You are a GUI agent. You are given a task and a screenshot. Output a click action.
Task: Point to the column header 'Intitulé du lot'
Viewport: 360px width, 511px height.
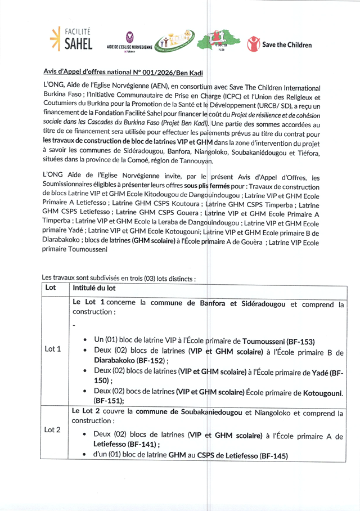94,288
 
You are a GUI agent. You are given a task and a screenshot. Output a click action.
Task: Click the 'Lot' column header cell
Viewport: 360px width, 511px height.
51,288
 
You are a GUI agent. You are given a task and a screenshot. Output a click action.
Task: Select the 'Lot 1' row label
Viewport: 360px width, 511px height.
52,348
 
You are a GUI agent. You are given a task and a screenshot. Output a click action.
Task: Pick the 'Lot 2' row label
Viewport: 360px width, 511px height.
52,430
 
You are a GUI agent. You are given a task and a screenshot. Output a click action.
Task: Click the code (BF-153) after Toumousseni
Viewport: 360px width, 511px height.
300,341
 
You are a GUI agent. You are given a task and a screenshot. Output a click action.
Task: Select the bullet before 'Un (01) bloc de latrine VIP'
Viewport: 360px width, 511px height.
84,341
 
